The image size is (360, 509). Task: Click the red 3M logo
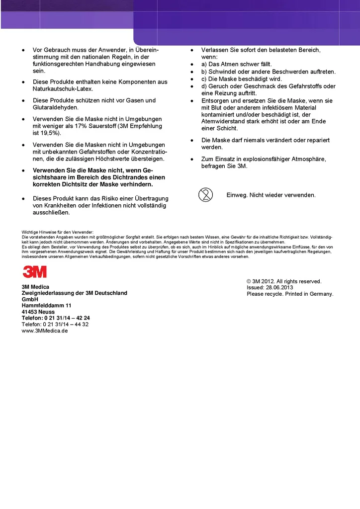point(34,271)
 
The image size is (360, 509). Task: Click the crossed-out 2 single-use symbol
point(205,195)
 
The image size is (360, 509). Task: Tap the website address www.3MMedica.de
point(45,331)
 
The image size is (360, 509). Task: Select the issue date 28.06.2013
point(279,288)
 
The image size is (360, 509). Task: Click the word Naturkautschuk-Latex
point(63,89)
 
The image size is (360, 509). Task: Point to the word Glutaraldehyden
point(56,107)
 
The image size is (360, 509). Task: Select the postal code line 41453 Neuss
point(38,312)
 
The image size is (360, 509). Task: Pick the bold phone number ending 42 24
point(56,318)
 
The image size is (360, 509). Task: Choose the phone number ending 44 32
point(55,324)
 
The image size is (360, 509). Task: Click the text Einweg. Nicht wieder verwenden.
point(271,195)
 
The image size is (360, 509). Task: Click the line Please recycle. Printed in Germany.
point(290,294)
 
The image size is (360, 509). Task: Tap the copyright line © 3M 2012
point(284,281)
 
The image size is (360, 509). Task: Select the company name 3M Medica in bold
point(35,287)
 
